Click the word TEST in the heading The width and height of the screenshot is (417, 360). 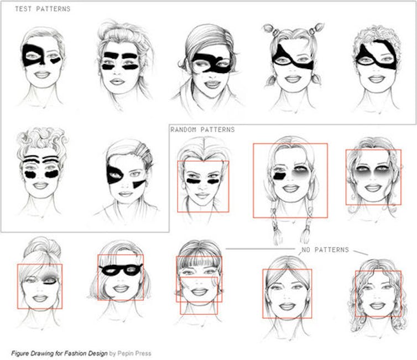point(23,9)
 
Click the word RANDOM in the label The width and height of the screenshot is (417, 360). point(184,130)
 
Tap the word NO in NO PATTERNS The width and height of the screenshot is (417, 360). point(306,249)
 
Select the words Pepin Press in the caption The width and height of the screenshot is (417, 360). point(134,353)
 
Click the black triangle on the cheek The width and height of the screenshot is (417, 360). point(139,184)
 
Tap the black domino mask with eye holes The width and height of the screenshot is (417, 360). point(121,270)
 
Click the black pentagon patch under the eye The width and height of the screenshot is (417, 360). point(279,176)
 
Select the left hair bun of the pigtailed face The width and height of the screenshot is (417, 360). point(269,28)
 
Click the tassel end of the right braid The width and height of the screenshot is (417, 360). point(305,234)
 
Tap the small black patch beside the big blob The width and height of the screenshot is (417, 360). point(56,60)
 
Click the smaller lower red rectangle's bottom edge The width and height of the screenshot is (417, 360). point(199,314)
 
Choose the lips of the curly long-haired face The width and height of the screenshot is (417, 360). point(377,305)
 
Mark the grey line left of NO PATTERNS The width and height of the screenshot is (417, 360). point(260,249)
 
